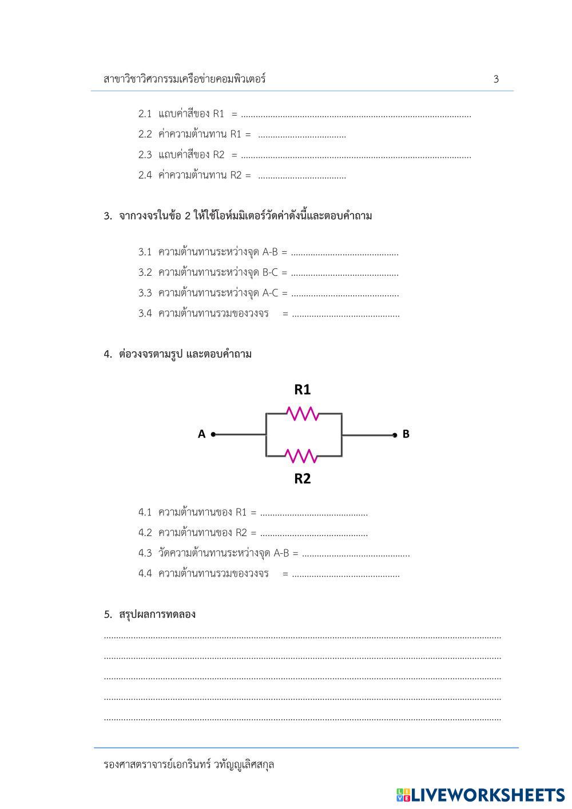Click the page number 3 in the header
click(496, 80)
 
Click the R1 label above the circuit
click(302, 390)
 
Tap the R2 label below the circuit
click(302, 479)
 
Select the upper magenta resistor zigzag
click(302, 413)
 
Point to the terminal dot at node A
click(213, 434)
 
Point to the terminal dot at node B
click(395, 435)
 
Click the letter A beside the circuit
click(201, 434)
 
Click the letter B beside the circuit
click(406, 434)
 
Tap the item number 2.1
click(145, 114)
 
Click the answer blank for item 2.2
click(302, 136)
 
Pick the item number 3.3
click(145, 294)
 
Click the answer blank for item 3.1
click(344, 253)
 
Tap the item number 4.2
click(145, 533)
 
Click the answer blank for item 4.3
click(356, 554)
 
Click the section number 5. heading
click(108, 614)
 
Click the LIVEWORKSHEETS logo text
click(488, 795)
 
